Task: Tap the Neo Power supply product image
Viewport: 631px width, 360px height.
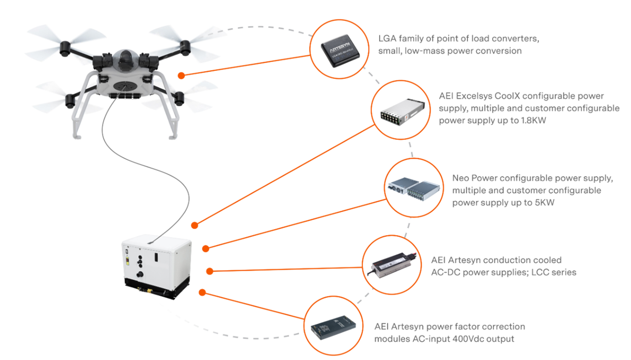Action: (x=412, y=187)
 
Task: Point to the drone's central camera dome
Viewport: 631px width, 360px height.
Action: (x=125, y=58)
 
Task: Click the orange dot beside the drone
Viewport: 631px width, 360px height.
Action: (x=181, y=76)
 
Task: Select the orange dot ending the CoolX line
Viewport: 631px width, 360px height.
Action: (x=195, y=225)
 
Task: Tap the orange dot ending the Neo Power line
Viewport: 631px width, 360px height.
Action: (x=206, y=248)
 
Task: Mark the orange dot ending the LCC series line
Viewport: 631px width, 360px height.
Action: (x=209, y=271)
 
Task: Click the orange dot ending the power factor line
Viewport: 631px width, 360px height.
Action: (x=202, y=292)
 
